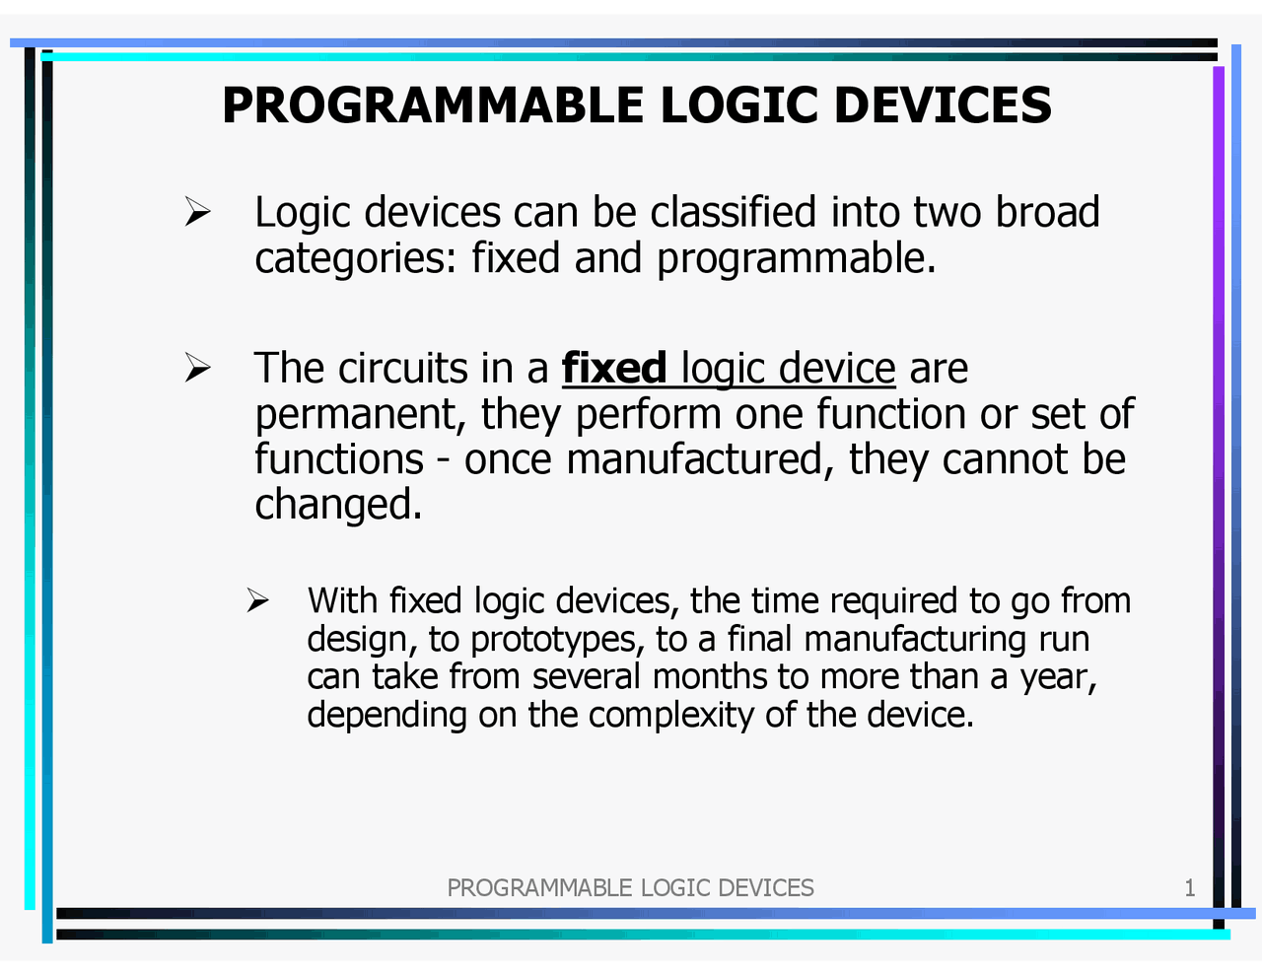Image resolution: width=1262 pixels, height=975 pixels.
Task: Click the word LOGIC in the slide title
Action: tap(738, 105)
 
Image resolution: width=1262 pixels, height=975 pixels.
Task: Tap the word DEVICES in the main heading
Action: tap(943, 105)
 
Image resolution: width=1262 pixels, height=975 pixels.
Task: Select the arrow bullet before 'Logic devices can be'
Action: tap(198, 212)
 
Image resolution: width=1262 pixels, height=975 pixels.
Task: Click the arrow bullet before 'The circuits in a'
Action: tap(198, 369)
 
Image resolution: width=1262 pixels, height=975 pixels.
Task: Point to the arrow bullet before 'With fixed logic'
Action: tap(258, 600)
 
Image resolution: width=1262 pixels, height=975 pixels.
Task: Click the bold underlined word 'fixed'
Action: tap(614, 369)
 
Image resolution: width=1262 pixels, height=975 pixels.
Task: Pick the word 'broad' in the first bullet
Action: tap(1047, 212)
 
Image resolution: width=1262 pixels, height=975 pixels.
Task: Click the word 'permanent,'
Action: tap(361, 415)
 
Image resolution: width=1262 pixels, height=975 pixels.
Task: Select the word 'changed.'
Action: tap(338, 505)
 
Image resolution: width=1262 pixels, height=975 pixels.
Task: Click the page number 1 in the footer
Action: tap(1189, 888)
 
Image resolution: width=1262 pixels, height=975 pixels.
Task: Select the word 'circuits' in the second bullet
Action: tap(402, 369)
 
